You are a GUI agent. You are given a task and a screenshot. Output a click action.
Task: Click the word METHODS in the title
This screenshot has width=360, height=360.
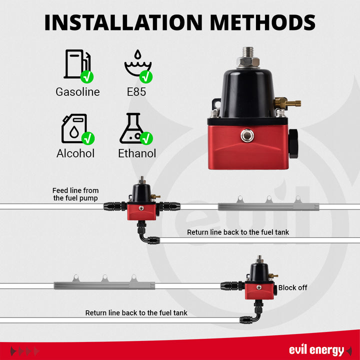(262, 22)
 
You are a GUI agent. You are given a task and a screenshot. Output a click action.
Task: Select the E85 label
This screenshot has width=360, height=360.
(136, 92)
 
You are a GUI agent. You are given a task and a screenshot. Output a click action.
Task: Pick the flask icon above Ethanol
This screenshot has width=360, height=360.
(132, 128)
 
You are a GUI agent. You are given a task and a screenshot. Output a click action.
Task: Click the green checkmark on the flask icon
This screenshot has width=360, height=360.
(146, 138)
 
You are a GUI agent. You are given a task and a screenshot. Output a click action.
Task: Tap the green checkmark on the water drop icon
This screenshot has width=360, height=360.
(146, 76)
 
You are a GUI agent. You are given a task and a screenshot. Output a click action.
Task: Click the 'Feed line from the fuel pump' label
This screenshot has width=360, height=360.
(75, 194)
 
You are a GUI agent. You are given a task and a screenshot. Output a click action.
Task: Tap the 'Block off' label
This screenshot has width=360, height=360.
(292, 287)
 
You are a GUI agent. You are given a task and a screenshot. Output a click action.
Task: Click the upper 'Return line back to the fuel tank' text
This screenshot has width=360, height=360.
(238, 232)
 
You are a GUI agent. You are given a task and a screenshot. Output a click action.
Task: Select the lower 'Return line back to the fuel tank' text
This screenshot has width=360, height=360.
(136, 313)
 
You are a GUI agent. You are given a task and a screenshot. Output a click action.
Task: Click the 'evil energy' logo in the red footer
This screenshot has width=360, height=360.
(316, 350)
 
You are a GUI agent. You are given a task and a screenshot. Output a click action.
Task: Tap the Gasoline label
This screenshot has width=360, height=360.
(77, 92)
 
